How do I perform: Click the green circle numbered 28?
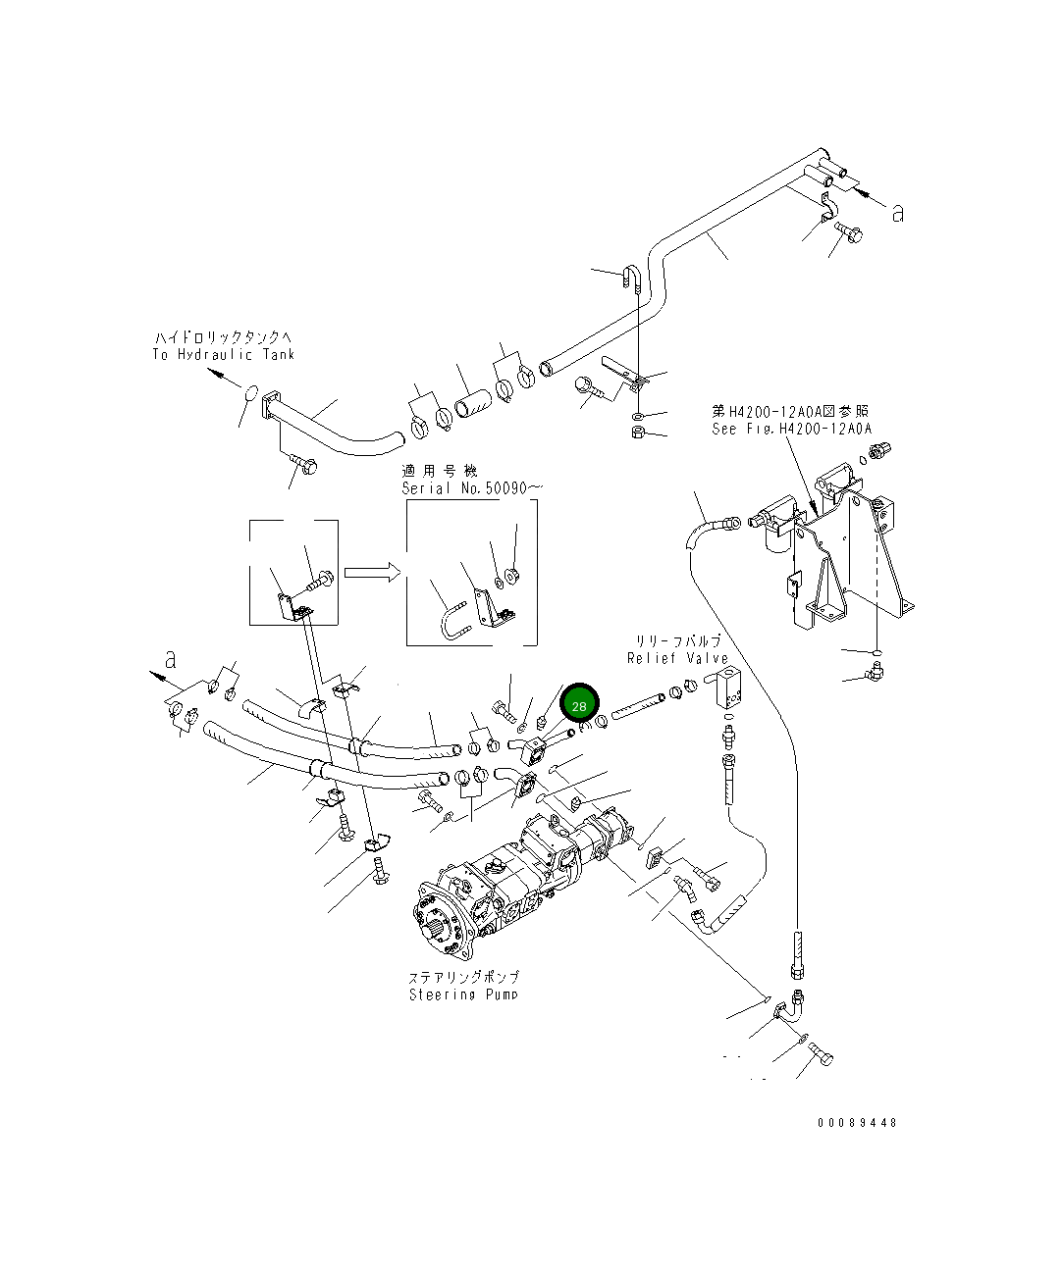[x=578, y=705]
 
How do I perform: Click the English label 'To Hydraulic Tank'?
[x=223, y=354]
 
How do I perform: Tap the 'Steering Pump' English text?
[x=463, y=994]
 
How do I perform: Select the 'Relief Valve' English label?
[x=677, y=658]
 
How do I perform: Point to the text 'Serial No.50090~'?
[x=472, y=487]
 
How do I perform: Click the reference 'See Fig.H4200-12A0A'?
[x=791, y=429]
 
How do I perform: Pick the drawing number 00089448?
[x=856, y=1122]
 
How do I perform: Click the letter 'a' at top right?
[x=897, y=213]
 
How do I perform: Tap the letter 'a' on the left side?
[x=171, y=659]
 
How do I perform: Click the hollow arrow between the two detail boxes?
[x=372, y=572]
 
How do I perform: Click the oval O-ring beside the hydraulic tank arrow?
[x=250, y=393]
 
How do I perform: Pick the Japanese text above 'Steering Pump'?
[x=463, y=977]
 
